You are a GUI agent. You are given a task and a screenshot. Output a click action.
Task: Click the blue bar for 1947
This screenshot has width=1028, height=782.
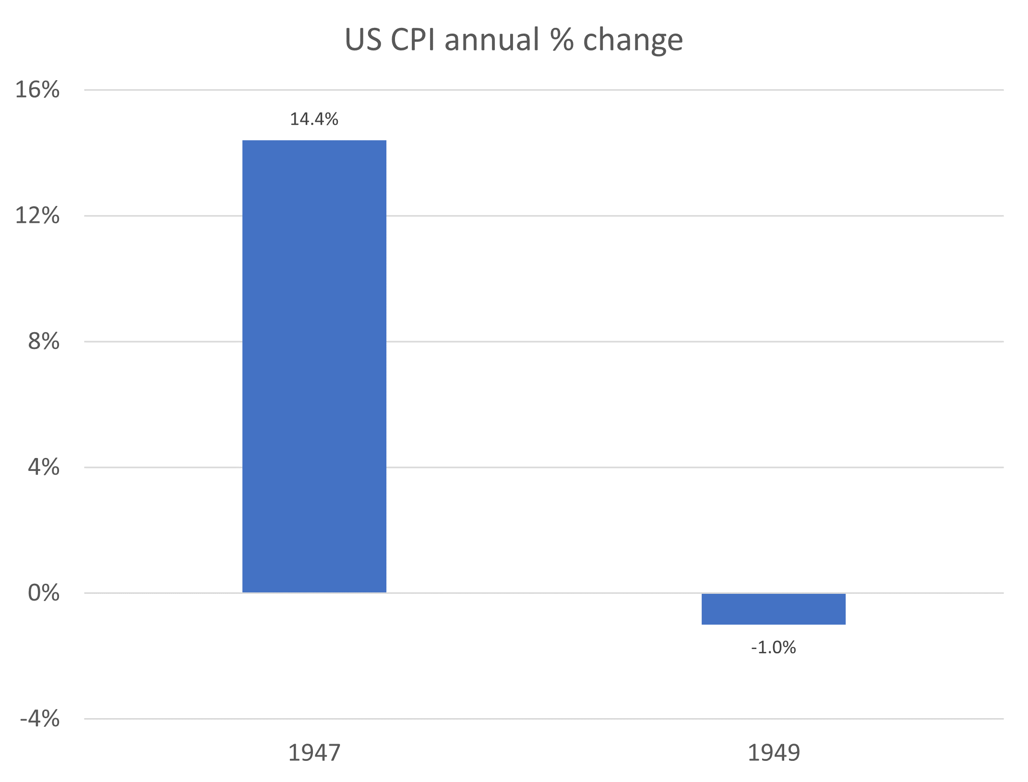(314, 366)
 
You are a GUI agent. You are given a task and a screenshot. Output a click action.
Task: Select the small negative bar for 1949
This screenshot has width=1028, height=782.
(773, 609)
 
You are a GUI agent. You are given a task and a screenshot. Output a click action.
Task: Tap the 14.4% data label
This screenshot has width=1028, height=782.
(314, 119)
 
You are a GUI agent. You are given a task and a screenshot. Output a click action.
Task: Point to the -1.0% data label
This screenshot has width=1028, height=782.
(773, 648)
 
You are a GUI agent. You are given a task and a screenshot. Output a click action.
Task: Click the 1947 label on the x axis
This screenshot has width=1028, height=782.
(314, 752)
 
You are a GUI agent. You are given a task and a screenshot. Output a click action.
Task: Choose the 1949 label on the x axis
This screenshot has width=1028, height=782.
(774, 752)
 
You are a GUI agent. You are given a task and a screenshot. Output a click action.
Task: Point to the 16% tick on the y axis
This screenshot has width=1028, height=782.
(37, 90)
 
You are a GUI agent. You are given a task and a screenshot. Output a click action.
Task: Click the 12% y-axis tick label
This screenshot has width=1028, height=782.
(37, 216)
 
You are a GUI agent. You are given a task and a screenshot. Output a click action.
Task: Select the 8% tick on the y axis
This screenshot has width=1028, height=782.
(44, 341)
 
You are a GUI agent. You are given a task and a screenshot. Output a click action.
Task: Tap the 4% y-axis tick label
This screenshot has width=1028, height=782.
(44, 467)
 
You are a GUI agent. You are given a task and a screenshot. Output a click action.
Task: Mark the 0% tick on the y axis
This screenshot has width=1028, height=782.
(44, 593)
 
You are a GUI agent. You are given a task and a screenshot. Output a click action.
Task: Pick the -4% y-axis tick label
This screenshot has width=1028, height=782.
(40, 719)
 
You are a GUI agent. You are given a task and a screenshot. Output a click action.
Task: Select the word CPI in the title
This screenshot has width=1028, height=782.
(412, 39)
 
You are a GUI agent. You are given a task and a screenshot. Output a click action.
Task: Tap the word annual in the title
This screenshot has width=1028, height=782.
(492, 39)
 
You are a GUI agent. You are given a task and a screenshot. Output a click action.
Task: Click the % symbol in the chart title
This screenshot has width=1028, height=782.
(562, 39)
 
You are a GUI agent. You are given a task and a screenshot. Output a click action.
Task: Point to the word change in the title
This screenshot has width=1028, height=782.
(633, 40)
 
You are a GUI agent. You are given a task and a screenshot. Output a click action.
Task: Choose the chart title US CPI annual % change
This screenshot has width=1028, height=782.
(514, 39)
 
